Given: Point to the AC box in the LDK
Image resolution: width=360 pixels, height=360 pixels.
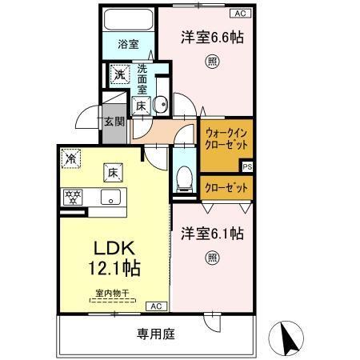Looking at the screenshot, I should coord(155,305).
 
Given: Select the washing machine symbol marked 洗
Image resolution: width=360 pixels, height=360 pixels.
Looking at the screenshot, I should coord(118,76).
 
